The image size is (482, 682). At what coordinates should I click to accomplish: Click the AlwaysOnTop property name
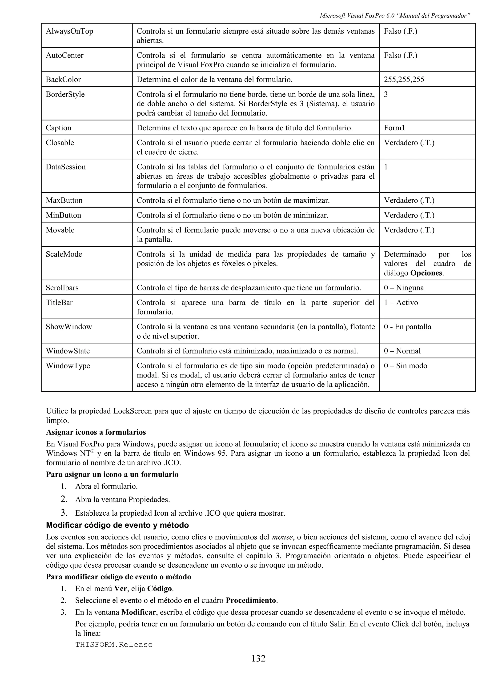[69, 31]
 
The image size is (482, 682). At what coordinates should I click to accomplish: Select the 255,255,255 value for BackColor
[404, 79]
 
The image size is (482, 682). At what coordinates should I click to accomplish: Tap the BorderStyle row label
[65, 94]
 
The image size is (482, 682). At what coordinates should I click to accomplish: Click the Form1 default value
[394, 128]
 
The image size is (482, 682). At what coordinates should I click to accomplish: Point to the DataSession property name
[66, 167]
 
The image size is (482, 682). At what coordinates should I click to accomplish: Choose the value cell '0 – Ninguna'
[404, 288]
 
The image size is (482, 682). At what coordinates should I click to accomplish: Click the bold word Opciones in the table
[426, 273]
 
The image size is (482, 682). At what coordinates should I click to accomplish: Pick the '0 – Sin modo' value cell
[405, 366]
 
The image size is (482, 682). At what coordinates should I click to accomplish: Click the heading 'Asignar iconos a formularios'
[96, 432]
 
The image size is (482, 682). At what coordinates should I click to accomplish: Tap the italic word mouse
[282, 537]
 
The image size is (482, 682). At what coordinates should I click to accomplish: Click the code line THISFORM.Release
[114, 645]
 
